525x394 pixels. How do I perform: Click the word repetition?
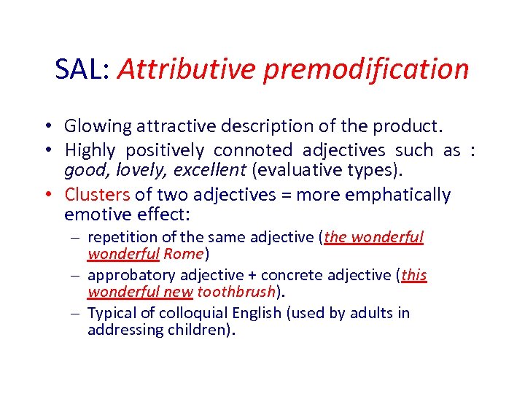point(119,238)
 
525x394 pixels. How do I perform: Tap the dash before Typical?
point(77,314)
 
